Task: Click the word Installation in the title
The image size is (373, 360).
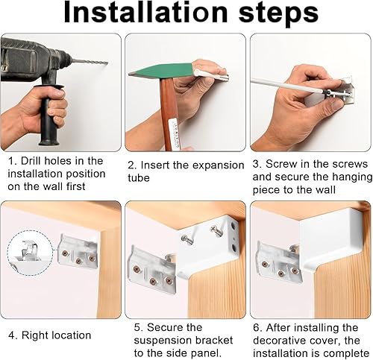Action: point(145,13)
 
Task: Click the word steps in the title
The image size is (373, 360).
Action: point(278,13)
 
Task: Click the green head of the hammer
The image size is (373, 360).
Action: point(162,71)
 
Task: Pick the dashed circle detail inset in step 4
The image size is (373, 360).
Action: point(30,253)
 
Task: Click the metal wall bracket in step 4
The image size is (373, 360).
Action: point(78,250)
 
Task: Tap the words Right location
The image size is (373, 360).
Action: point(57,335)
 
